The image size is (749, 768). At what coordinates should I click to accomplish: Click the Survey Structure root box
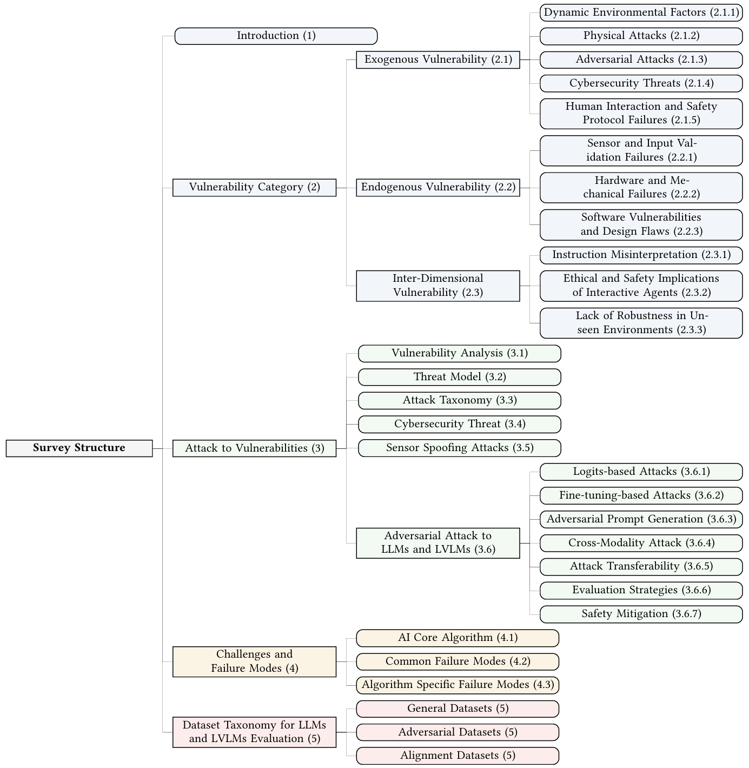click(x=79, y=448)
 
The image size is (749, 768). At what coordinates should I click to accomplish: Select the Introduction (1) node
click(x=276, y=36)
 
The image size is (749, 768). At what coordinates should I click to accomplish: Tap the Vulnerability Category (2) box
click(x=254, y=188)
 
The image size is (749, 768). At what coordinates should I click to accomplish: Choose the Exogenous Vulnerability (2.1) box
click(x=438, y=59)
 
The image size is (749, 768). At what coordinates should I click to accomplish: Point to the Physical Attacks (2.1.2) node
click(x=641, y=36)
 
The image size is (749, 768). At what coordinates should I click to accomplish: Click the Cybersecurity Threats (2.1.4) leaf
click(x=641, y=83)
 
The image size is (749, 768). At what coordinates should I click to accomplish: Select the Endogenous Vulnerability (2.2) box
click(x=438, y=188)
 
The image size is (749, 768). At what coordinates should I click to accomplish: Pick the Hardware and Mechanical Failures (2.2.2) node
click(x=641, y=188)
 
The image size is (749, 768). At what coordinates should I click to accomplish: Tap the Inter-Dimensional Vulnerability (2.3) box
click(x=438, y=286)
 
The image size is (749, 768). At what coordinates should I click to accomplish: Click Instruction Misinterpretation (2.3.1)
click(x=641, y=255)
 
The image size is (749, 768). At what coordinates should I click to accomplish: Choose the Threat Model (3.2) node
click(x=459, y=377)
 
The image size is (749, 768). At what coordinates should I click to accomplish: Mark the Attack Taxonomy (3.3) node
click(x=459, y=401)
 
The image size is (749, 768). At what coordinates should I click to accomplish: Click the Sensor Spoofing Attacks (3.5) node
click(x=459, y=448)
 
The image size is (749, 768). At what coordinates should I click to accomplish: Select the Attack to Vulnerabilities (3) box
click(x=254, y=448)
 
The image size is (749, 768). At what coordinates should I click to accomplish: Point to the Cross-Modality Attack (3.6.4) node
click(x=641, y=543)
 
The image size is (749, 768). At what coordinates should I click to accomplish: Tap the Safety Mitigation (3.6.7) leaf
click(x=641, y=614)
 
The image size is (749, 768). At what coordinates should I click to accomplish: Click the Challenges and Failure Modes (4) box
click(x=254, y=661)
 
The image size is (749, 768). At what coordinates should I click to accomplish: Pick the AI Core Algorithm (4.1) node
click(x=458, y=638)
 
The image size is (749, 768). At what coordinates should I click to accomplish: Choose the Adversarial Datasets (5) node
click(x=458, y=732)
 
